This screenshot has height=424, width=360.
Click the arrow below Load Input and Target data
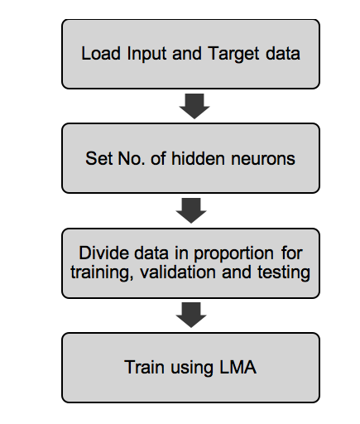[191, 106]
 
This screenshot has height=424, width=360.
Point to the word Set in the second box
[98, 158]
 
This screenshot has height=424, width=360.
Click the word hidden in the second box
[211, 158]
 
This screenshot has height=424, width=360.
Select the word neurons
[266, 158]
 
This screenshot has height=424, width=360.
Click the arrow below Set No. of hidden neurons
[191, 210]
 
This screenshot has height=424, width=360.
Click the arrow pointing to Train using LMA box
[191, 315]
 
